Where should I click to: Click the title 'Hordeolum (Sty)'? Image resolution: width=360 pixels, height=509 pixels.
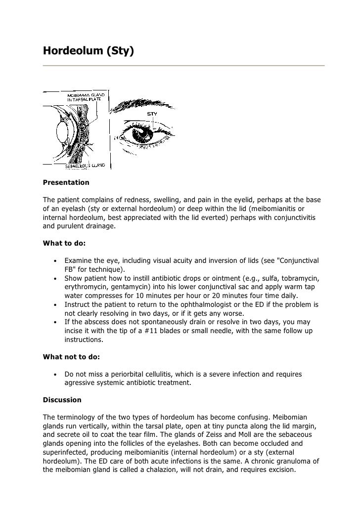pyautogui.click(x=88, y=50)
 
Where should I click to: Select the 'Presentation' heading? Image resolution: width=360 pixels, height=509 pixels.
pyautogui.click(x=66, y=182)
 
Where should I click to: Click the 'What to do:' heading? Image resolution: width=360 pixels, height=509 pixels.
pyautogui.click(x=64, y=243)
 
